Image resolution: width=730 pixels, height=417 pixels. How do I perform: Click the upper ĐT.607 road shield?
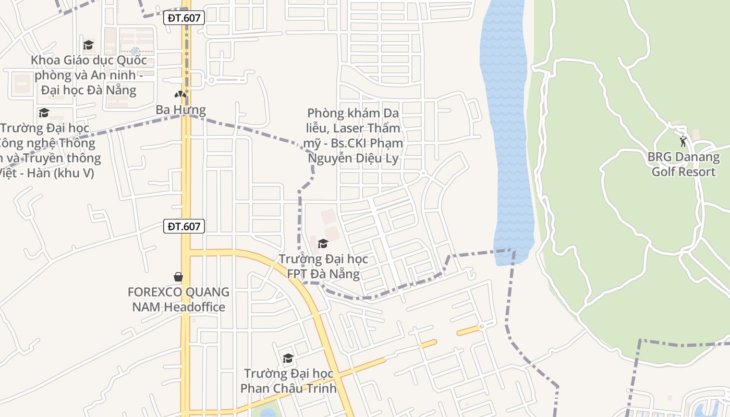point(184,18)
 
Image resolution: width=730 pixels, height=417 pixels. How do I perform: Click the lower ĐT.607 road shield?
point(184,226)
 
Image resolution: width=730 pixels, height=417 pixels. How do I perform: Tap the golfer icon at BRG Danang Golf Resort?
point(683,141)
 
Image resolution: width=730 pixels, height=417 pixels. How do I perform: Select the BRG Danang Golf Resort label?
point(683,164)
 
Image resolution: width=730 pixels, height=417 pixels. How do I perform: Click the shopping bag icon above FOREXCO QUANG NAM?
point(178,276)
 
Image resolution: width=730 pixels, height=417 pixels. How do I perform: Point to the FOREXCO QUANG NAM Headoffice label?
point(178,299)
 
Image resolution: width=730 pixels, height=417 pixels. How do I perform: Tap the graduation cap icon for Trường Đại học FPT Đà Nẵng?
point(323,243)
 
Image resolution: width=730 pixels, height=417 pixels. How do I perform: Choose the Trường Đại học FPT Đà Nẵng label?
point(323,266)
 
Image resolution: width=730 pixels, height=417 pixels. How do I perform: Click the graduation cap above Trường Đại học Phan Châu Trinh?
point(288,358)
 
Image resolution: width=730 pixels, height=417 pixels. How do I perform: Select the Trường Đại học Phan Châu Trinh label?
point(288,381)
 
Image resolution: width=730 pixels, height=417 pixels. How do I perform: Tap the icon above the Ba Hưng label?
point(180,95)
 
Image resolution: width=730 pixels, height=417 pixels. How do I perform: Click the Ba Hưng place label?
point(181,110)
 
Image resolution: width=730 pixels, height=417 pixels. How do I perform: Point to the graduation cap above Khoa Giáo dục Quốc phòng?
point(89,45)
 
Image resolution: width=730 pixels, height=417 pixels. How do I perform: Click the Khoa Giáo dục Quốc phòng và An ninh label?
point(89,75)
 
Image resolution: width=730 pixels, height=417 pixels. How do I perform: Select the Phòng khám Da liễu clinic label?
point(355,136)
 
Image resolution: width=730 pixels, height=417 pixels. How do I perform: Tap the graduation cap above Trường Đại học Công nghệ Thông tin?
point(44,113)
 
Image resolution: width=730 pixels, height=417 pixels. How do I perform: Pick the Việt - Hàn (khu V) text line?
point(47,173)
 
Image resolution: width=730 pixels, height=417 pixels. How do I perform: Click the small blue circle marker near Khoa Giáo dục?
point(136,51)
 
